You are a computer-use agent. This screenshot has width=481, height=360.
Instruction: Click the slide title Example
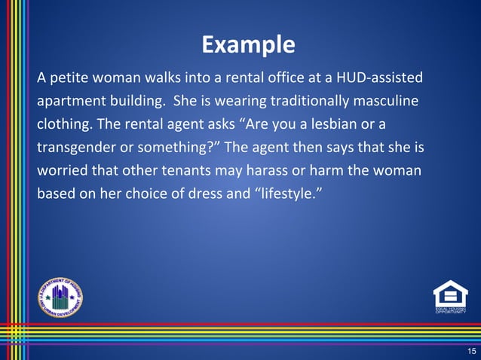coord(248,46)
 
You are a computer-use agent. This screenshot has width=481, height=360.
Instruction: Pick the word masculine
coord(382,101)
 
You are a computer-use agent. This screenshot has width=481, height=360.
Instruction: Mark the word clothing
coord(65,124)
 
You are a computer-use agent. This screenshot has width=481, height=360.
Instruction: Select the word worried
coord(64,170)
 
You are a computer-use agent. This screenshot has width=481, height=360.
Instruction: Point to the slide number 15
coord(471,351)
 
